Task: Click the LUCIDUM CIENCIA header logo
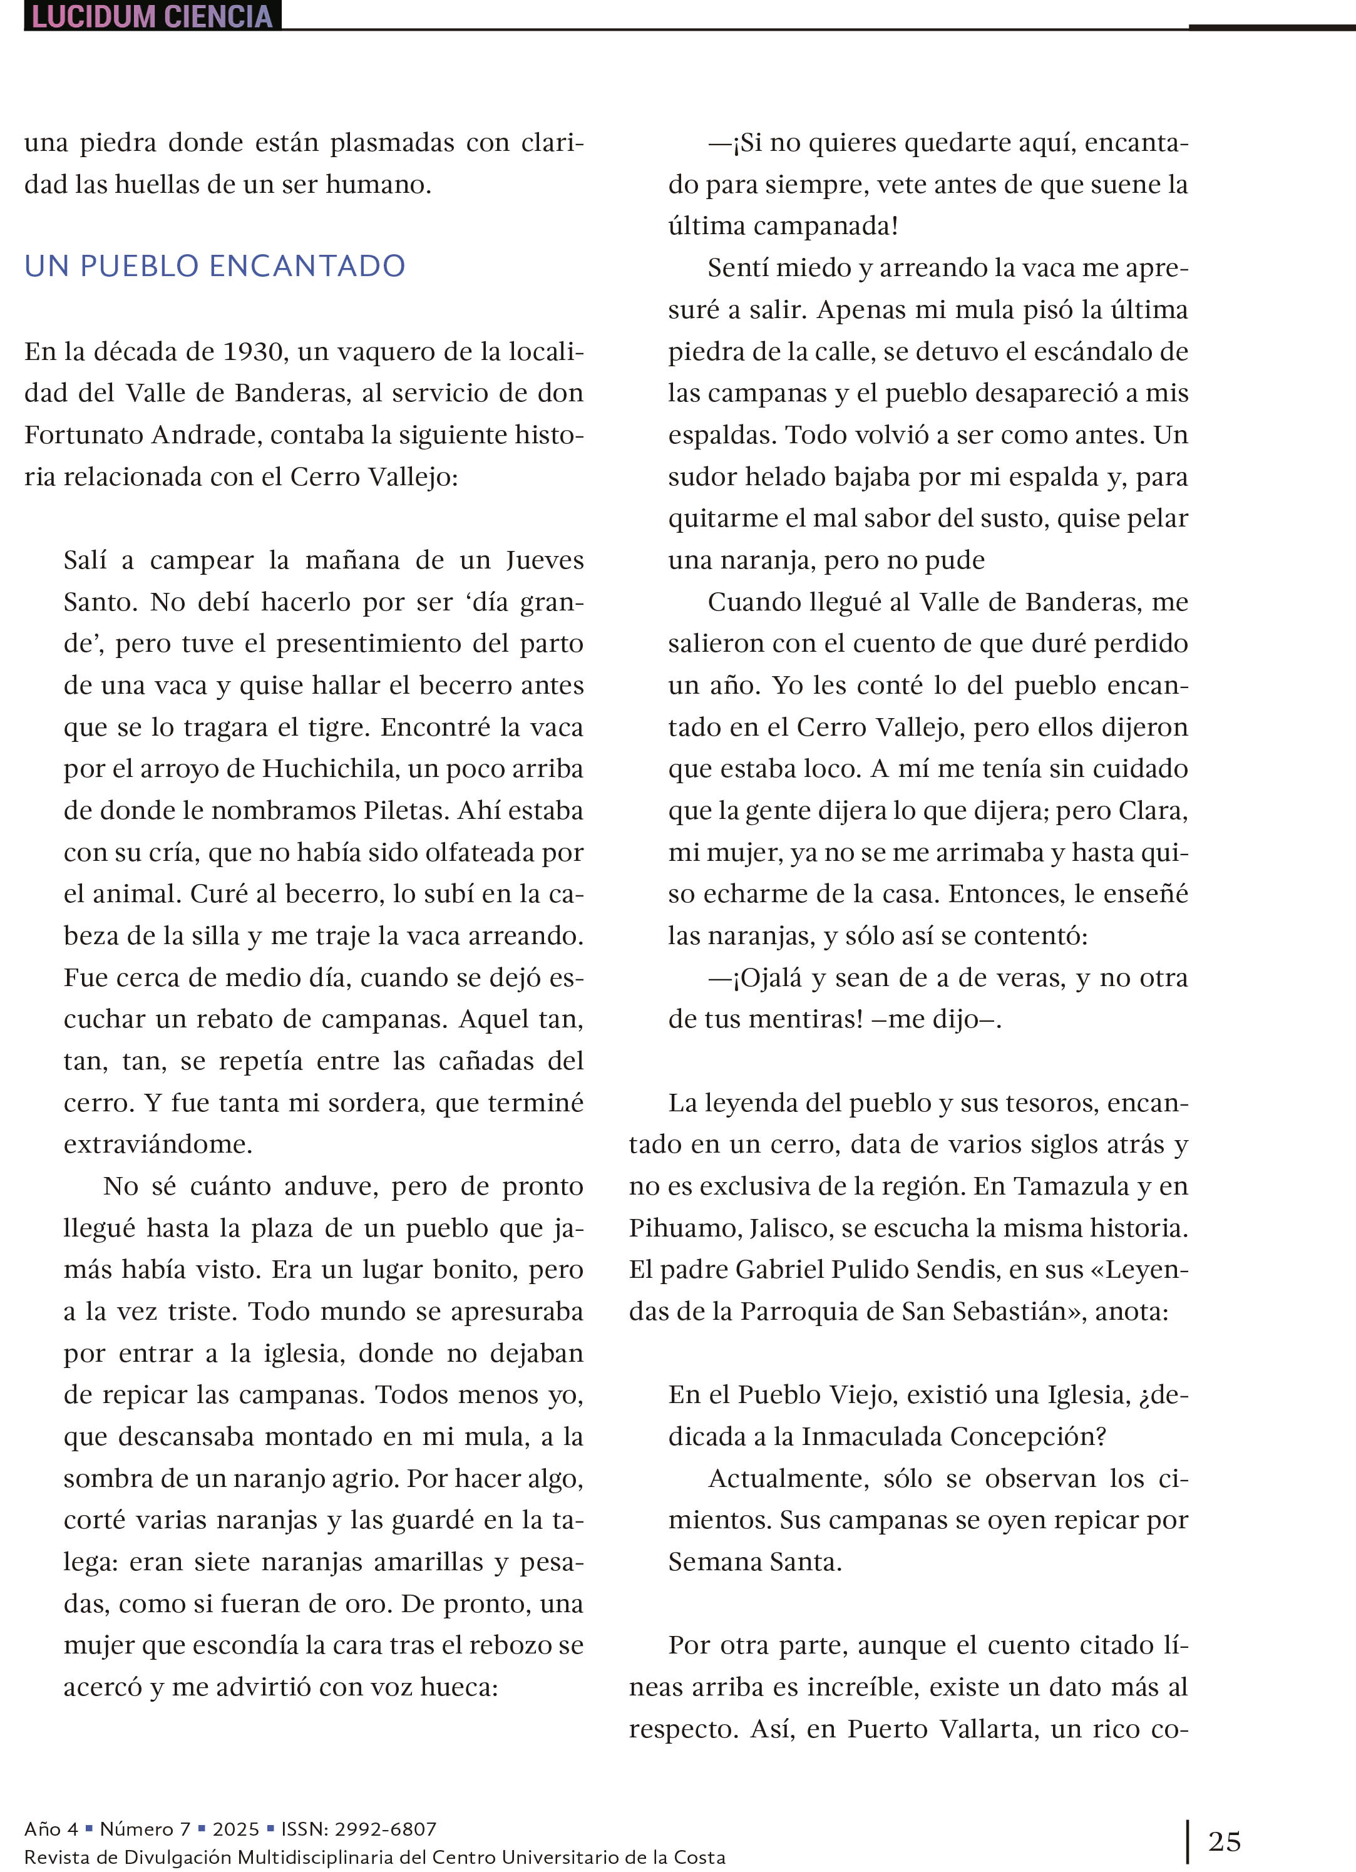click(x=153, y=16)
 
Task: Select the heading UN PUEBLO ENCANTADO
click(x=215, y=266)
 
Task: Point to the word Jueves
click(x=544, y=560)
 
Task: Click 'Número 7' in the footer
click(x=145, y=1828)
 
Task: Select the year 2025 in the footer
click(x=236, y=1828)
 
